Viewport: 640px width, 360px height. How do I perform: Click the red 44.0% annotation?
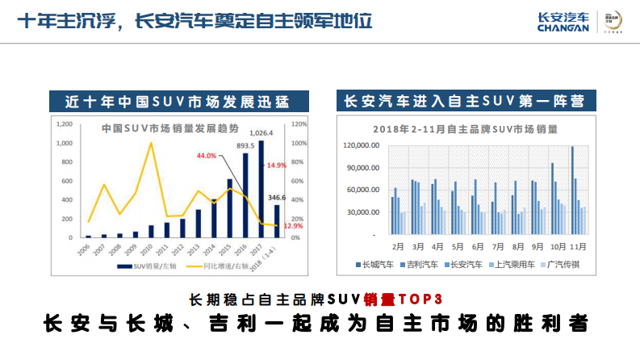(x=207, y=156)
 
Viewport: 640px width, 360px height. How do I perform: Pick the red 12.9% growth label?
(x=293, y=226)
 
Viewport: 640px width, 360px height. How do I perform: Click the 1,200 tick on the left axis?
(x=65, y=124)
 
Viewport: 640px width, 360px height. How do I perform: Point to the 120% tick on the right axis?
(x=298, y=124)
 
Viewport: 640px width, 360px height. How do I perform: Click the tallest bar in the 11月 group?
(x=572, y=190)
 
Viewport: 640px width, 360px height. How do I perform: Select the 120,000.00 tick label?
(x=361, y=145)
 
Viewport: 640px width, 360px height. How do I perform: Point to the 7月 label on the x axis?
(x=498, y=245)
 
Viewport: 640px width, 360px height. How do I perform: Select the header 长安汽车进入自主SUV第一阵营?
(x=464, y=101)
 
